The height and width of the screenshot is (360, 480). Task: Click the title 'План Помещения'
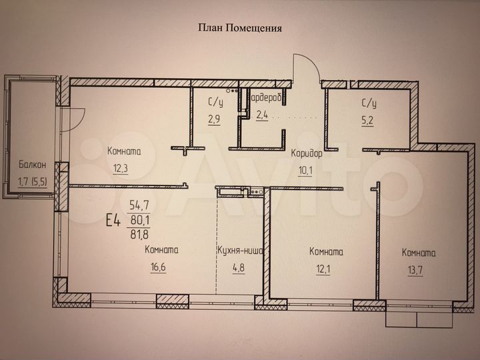240,28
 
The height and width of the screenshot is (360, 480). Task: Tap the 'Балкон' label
33,163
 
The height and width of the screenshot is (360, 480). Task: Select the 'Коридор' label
307,153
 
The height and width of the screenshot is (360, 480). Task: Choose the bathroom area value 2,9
213,120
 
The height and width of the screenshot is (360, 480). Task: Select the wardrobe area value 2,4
263,114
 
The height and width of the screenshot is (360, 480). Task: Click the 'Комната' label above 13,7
419,253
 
